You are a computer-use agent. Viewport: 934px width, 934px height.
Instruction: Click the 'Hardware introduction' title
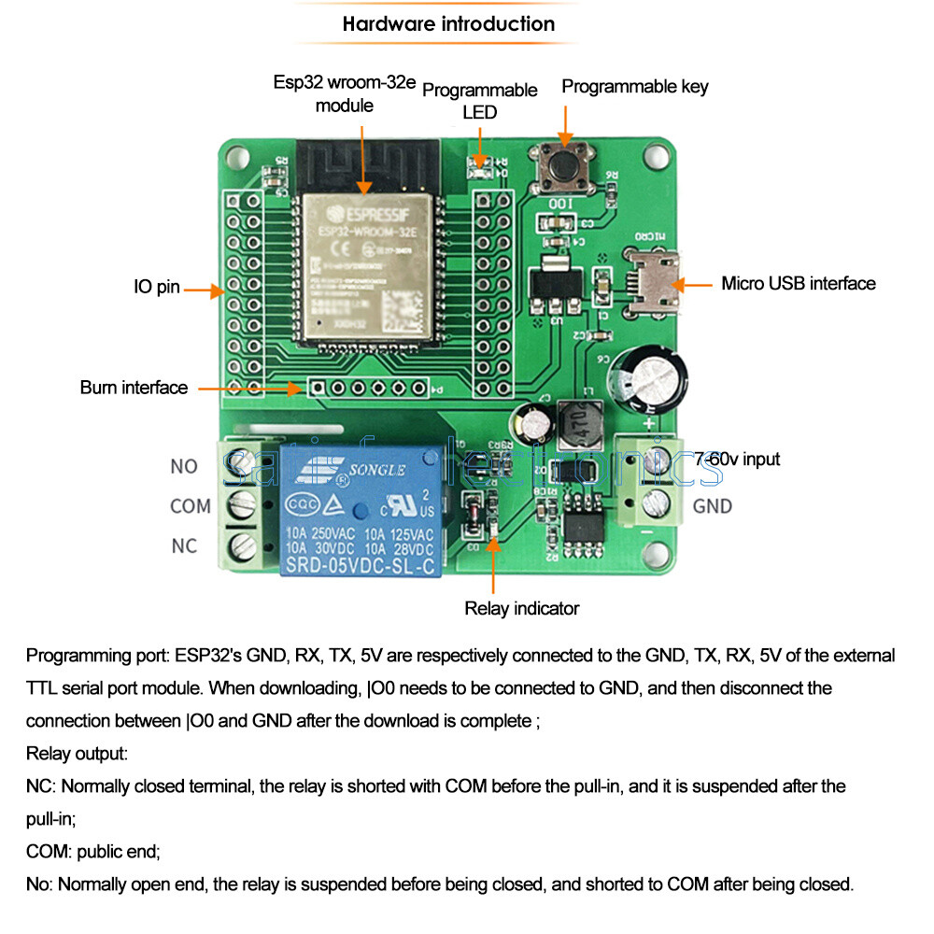point(448,24)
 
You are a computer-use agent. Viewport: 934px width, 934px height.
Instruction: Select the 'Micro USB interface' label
point(799,283)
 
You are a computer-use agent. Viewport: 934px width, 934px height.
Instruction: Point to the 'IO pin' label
point(156,288)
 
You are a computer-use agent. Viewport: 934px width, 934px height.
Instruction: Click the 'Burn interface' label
point(134,388)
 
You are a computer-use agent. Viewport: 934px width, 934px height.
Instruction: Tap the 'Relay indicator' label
point(522,609)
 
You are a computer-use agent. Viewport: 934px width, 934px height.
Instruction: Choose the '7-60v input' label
point(737,459)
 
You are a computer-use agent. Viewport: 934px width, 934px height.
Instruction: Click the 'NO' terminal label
point(184,466)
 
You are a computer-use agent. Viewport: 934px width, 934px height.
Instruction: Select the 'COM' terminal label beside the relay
point(191,506)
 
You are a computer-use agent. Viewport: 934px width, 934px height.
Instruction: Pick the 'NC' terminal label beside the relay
point(184,545)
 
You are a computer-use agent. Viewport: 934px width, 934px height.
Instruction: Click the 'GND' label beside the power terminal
point(713,506)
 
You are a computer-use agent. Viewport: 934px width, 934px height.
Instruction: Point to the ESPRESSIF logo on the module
point(367,214)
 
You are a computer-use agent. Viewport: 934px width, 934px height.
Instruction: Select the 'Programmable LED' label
point(480,101)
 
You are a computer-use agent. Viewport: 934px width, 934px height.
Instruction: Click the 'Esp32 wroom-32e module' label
point(345,93)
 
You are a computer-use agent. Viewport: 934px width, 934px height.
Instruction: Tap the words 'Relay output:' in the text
point(77,753)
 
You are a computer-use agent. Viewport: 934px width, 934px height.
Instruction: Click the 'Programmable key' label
point(635,87)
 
